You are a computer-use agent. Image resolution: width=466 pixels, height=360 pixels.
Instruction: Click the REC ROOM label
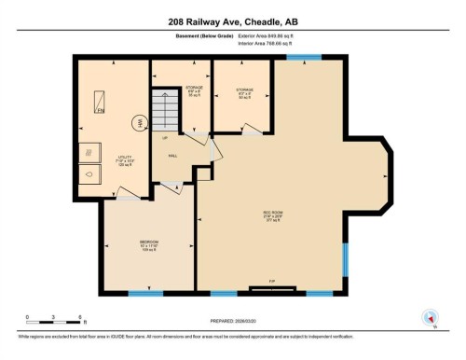coord(273,215)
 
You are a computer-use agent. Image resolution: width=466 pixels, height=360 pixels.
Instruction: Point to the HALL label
coord(173,155)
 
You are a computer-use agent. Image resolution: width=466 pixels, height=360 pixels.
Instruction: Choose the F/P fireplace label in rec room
coord(272,281)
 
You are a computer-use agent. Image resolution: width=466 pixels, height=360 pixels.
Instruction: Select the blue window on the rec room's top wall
coord(298,59)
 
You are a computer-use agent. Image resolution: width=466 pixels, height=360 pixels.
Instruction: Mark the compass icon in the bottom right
coord(431,316)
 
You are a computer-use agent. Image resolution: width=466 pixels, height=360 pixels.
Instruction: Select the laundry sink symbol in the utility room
coord(89,174)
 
